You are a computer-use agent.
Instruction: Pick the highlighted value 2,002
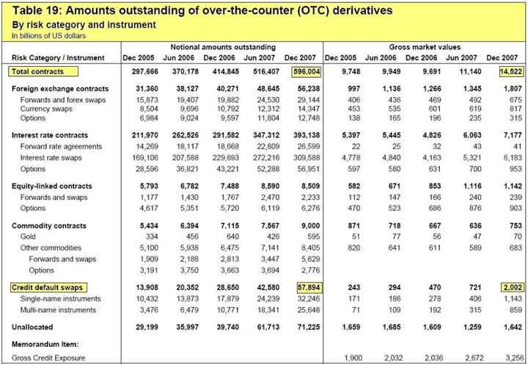pos(505,287)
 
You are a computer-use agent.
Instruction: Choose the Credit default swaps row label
pos(47,287)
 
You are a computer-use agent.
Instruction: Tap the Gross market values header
pos(425,46)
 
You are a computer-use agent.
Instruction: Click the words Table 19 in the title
pos(34,10)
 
